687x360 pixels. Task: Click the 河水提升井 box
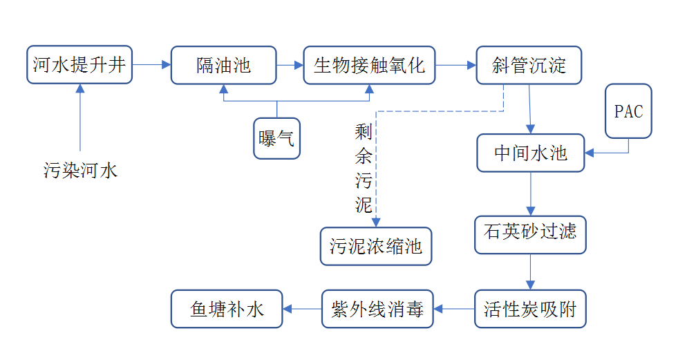[x=79, y=65]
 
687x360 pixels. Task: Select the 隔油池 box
[x=223, y=65]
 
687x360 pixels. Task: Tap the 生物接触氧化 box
[x=369, y=65]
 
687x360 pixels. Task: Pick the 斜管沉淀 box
[x=529, y=65]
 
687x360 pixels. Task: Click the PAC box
[x=628, y=111]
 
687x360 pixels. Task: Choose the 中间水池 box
[x=531, y=153]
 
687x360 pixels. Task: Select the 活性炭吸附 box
[x=531, y=309]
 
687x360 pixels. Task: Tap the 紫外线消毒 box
[x=377, y=309]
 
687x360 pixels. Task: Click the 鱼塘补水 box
[x=227, y=309]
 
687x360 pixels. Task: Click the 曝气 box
[x=276, y=138]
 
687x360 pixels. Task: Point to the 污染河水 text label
[x=81, y=170]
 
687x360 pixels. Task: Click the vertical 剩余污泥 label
[x=364, y=168]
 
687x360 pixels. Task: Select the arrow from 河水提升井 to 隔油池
[x=151, y=65]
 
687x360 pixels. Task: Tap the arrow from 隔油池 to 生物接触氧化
[x=290, y=65]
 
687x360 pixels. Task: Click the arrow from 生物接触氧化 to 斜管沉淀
[x=455, y=65]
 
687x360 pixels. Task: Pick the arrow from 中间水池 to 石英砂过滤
[x=531, y=193]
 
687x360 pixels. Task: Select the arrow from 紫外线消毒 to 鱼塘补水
[x=302, y=309]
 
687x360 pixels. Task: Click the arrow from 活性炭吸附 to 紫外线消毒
[x=454, y=309]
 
